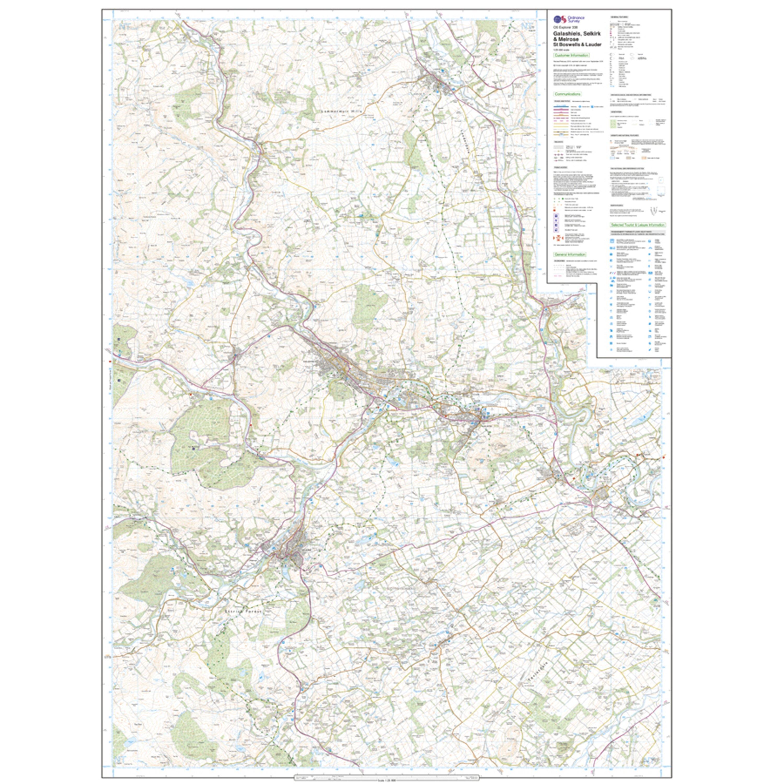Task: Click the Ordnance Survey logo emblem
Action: [x=559, y=19]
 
